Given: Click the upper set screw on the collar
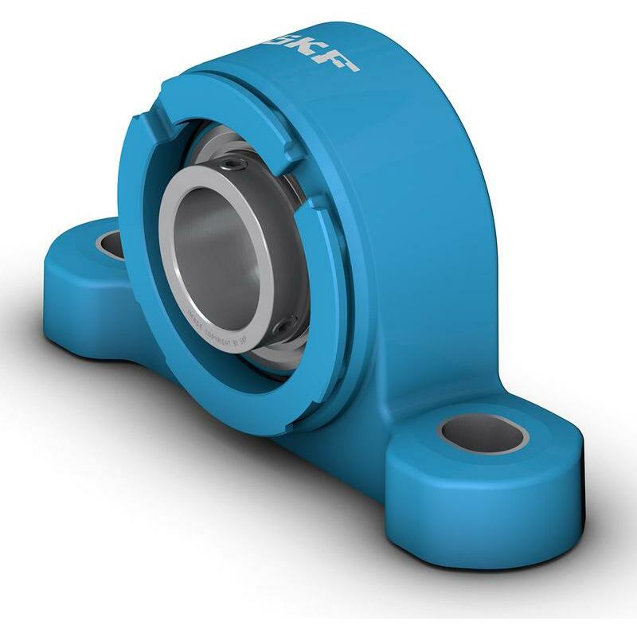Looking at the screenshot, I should pos(233,164).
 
